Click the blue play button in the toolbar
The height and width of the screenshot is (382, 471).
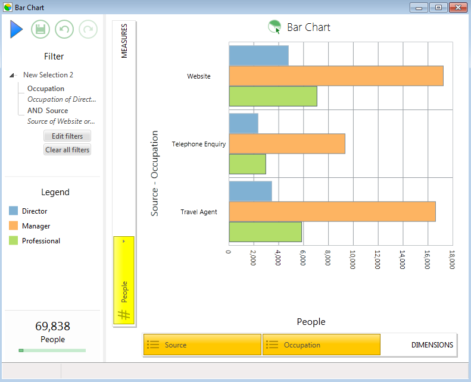coord(16,29)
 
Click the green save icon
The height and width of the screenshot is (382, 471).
coord(40,29)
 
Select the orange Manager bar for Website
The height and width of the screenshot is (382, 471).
coord(336,76)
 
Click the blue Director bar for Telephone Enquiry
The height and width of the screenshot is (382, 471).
coord(244,123)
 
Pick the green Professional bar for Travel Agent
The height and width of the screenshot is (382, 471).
coord(265,232)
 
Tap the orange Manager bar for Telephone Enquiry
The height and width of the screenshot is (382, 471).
coord(287,144)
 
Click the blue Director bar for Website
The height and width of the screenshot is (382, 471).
coord(258,55)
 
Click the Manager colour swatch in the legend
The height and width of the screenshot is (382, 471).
coord(13,226)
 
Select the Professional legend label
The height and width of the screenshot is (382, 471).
coord(41,240)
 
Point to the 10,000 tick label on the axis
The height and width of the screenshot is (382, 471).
coord(353,259)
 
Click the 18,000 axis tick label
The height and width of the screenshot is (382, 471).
coord(452,259)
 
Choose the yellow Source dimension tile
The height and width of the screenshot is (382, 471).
coord(202,345)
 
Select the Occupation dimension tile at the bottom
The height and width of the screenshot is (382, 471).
coord(322,345)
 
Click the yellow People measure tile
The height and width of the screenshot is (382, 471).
coord(124,280)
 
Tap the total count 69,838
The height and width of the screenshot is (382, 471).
coord(52,326)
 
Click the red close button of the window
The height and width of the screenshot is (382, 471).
coord(458,8)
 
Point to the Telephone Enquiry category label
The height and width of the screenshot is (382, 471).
coord(198,144)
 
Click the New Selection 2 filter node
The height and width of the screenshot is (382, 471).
coord(48,75)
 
